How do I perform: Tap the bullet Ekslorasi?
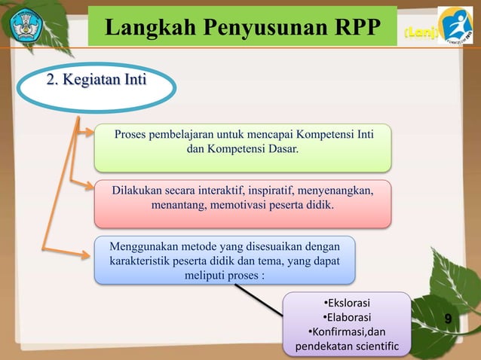pos(348,304)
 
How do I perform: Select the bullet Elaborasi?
pos(347,318)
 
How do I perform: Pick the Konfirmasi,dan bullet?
pos(347,332)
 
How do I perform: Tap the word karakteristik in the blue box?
pos(141,261)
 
